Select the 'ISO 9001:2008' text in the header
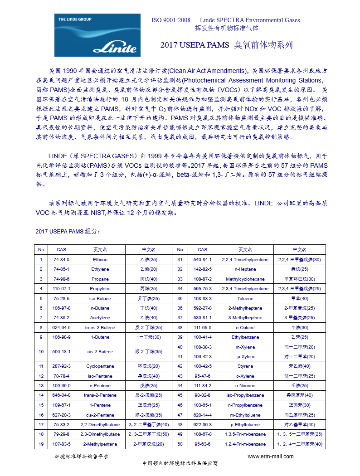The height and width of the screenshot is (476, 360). click(170, 20)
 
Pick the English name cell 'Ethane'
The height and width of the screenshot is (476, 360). click(100, 260)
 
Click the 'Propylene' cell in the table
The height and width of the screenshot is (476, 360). click(100, 289)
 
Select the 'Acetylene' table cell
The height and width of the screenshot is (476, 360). click(100, 318)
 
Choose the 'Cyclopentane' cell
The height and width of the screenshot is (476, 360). click(100, 366)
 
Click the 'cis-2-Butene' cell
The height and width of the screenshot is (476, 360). click(100, 352)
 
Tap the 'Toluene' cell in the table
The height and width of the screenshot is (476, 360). click(245, 299)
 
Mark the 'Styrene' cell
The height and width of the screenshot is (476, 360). click(245, 366)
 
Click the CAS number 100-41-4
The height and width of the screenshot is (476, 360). click(202, 337)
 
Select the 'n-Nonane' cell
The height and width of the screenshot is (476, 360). click(245, 385)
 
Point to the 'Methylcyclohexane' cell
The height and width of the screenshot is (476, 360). click(245, 279)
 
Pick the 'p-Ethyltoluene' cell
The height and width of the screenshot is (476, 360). click(245, 425)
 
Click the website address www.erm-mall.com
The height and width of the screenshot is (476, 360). click(270, 456)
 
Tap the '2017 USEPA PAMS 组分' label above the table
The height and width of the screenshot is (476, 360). click(67, 232)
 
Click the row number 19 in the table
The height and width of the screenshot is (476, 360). click(41, 444)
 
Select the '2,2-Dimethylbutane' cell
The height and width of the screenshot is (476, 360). click(100, 425)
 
